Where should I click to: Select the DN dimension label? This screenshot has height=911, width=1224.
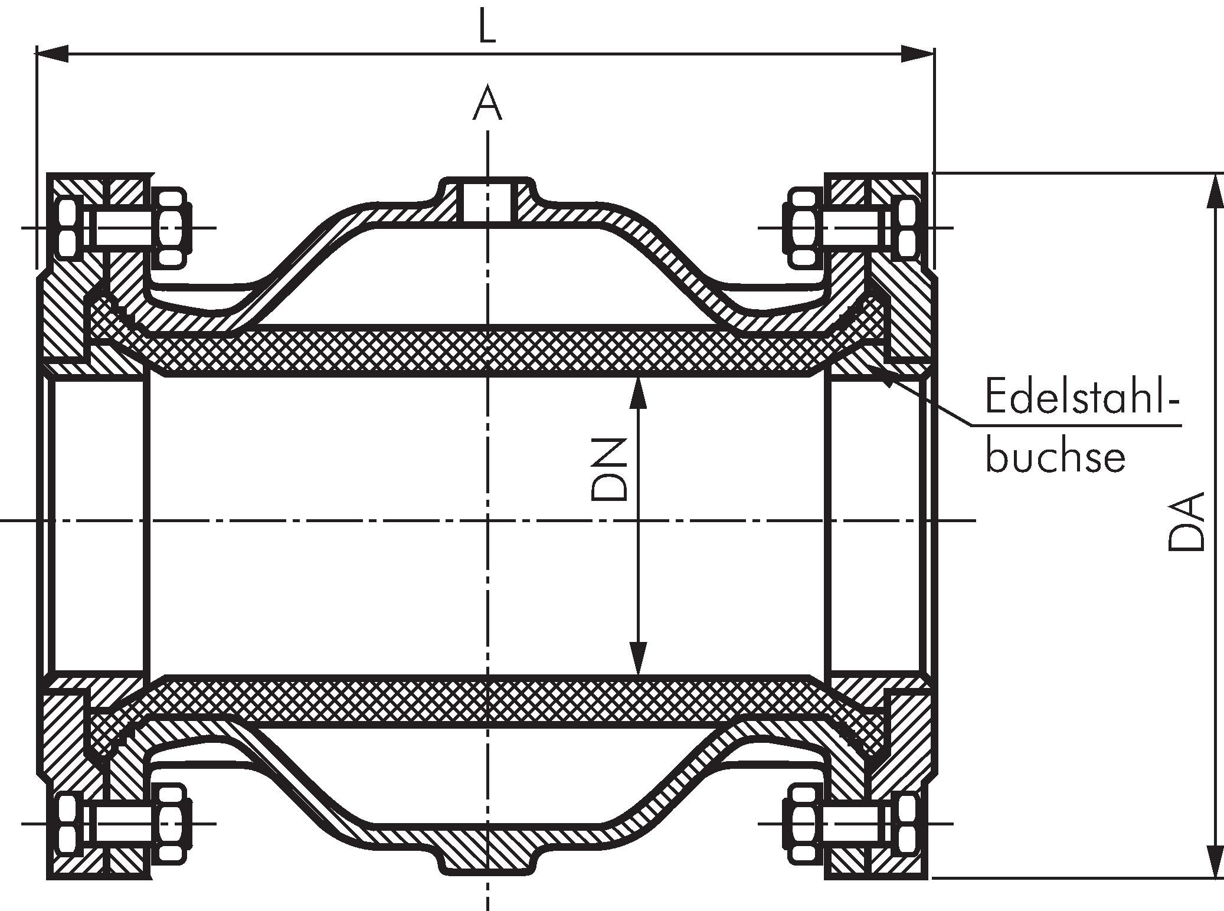(x=608, y=469)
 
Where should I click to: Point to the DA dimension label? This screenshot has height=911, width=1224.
(x=1185, y=523)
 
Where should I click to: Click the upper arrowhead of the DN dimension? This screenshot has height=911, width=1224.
(x=637, y=392)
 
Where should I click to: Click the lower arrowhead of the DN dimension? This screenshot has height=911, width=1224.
(x=637, y=658)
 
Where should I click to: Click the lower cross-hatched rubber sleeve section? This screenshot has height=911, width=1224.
(x=487, y=700)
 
